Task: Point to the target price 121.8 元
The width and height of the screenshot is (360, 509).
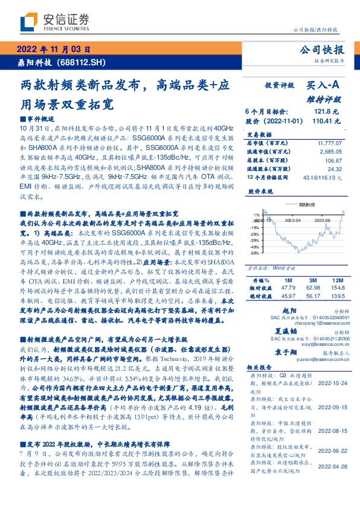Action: pos(329,112)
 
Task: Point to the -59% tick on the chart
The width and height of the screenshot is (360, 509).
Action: pos(256,253)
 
